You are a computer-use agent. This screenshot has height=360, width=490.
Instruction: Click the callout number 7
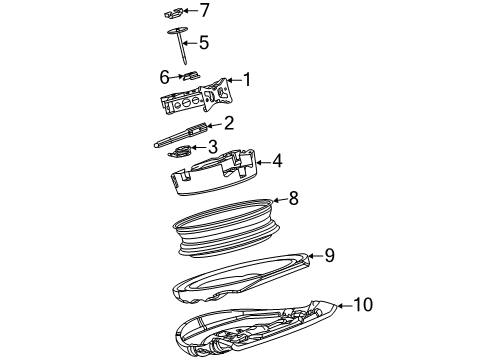[205, 11]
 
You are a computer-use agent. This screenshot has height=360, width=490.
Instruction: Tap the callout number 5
[204, 42]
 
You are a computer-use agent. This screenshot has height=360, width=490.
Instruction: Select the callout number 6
[164, 75]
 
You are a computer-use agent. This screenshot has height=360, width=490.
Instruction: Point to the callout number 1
[247, 80]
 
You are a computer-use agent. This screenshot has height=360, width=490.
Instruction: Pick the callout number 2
[229, 123]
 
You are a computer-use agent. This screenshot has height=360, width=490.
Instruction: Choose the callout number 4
[277, 159]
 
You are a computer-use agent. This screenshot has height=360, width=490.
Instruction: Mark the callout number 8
[293, 198]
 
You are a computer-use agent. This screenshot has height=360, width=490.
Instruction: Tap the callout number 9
[329, 255]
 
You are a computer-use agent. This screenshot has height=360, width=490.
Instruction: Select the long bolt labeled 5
[180, 50]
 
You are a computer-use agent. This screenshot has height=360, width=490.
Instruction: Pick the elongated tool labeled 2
[185, 132]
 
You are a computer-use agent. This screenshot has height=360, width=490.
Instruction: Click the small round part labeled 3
[182, 150]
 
